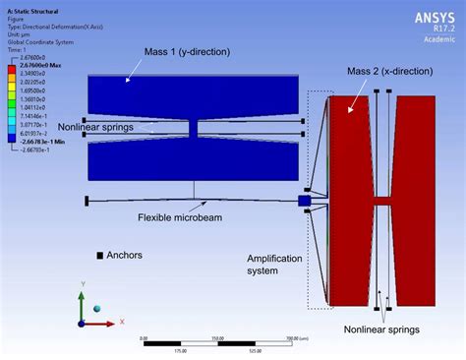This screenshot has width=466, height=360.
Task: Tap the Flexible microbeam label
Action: tap(176, 217)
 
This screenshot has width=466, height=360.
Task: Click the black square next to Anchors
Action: tap(100, 256)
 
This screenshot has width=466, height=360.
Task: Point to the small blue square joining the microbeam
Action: tap(305, 201)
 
